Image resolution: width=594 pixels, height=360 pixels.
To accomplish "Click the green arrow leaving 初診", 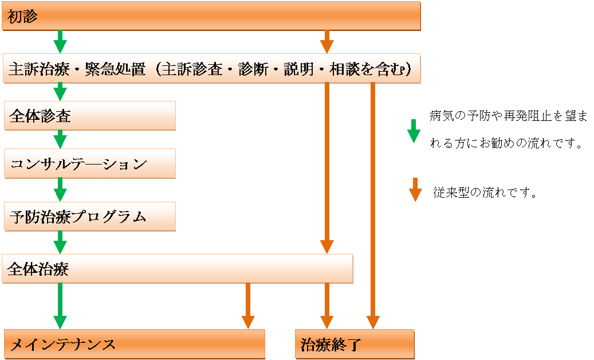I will [x=60, y=42].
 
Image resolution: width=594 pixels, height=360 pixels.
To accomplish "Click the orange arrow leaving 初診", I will [x=326, y=42].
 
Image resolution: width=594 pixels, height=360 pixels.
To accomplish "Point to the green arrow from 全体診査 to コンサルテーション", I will [x=60, y=139].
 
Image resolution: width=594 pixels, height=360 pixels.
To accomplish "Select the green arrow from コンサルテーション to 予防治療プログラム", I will [x=60, y=188].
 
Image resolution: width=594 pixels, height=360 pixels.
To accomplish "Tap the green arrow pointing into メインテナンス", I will [x=60, y=307].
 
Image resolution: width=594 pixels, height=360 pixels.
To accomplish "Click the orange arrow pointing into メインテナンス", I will [x=247, y=307].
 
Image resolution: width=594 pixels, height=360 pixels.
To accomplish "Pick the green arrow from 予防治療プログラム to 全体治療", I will [x=60, y=241].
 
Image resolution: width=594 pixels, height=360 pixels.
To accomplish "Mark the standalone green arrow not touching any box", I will [x=414, y=131].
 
